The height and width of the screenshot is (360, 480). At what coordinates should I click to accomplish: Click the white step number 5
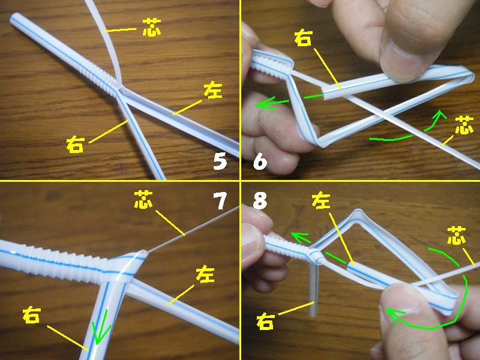[220, 161]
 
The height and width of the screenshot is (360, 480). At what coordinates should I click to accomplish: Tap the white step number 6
[260, 161]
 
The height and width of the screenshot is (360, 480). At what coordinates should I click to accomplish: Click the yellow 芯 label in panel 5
[152, 27]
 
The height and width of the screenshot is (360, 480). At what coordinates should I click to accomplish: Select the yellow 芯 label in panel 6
[464, 125]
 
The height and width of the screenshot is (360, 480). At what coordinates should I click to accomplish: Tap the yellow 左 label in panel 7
[205, 274]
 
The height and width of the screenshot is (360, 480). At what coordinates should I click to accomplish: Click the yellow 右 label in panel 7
[32, 316]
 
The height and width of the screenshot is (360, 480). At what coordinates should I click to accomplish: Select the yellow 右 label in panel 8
[265, 321]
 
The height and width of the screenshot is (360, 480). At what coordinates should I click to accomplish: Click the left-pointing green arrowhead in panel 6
[264, 103]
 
